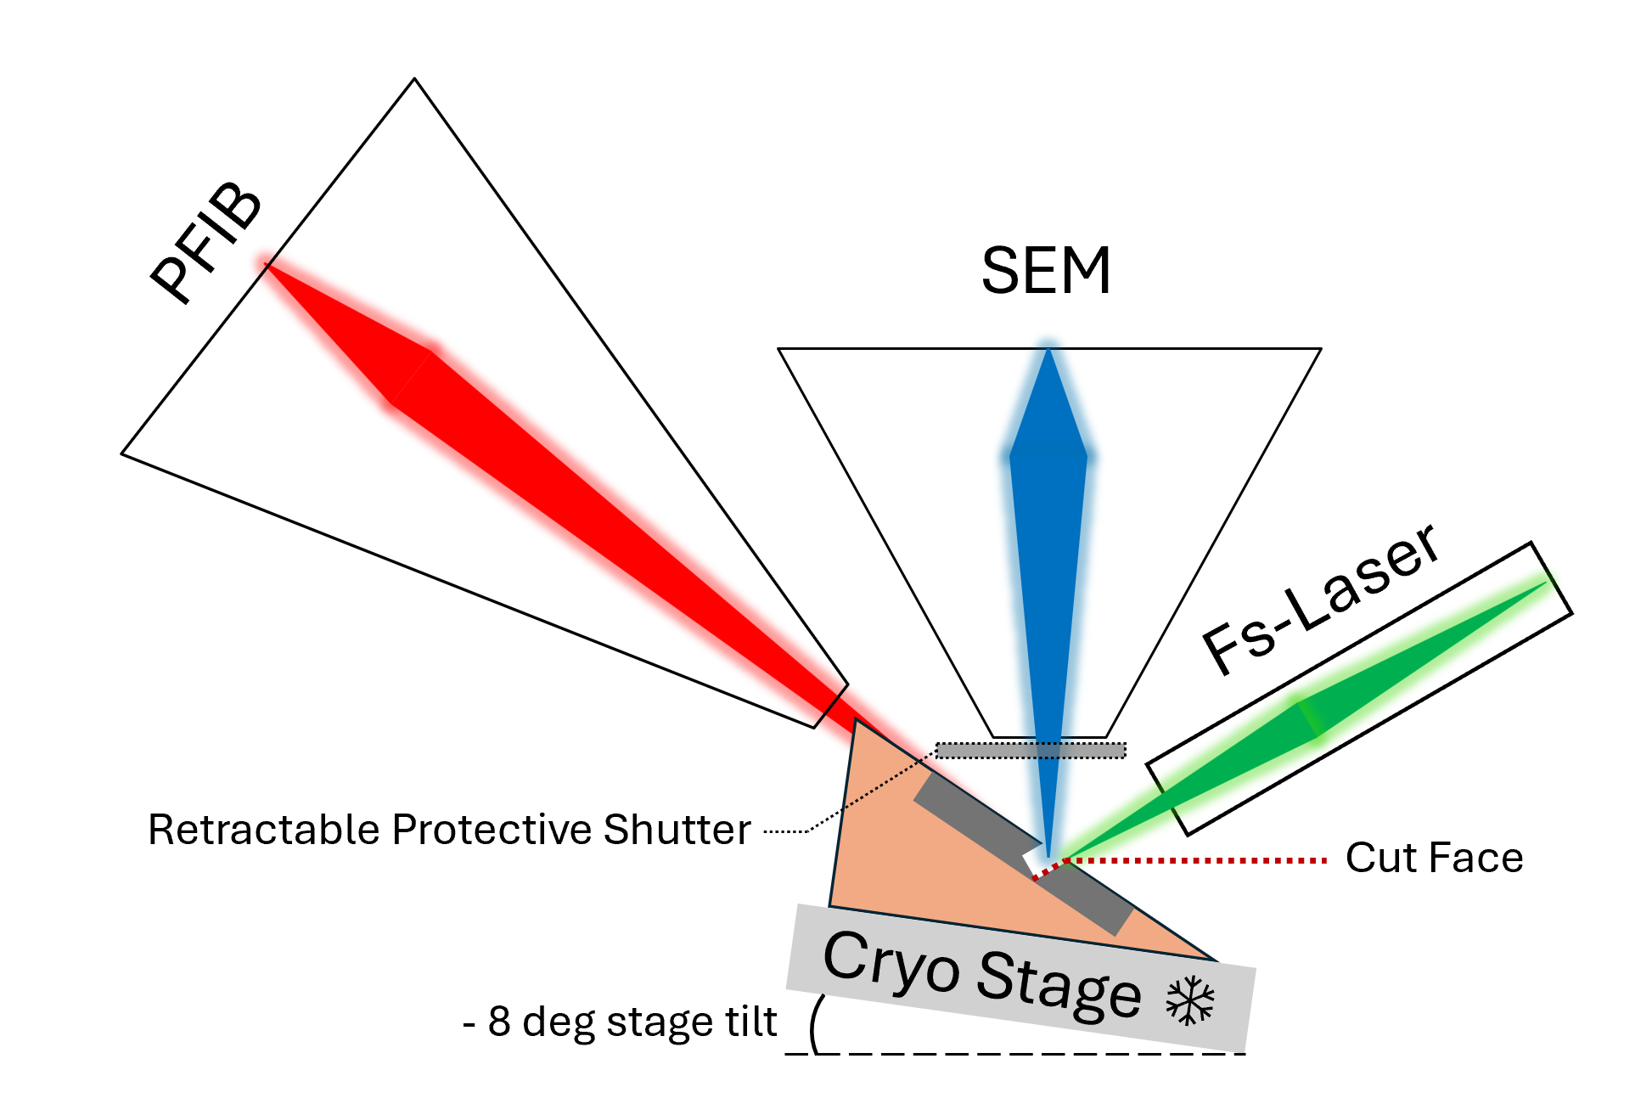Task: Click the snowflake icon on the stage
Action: tap(1190, 1000)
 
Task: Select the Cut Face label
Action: tap(1434, 858)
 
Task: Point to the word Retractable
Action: tap(263, 830)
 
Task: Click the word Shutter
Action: tap(677, 830)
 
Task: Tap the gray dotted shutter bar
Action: tap(1031, 751)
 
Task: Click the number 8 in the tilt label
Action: tap(499, 1022)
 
